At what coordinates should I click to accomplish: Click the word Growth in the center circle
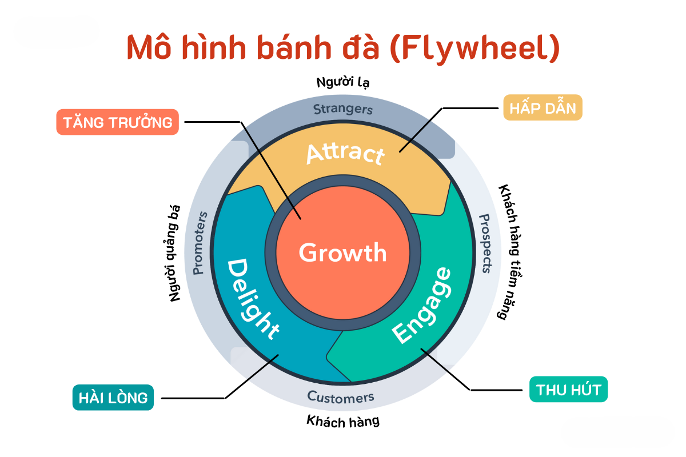342,252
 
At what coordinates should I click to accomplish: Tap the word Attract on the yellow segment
345,153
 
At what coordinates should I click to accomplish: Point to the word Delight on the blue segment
253,299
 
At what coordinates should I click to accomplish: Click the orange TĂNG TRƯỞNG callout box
118,122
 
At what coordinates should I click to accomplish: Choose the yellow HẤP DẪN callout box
543,107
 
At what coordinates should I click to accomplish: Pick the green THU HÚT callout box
568,390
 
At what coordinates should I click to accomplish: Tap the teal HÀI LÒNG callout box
113,397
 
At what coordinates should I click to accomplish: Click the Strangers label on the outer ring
343,109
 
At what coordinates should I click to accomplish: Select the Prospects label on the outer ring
485,243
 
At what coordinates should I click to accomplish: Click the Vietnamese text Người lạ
343,82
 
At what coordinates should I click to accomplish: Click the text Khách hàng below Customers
343,422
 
